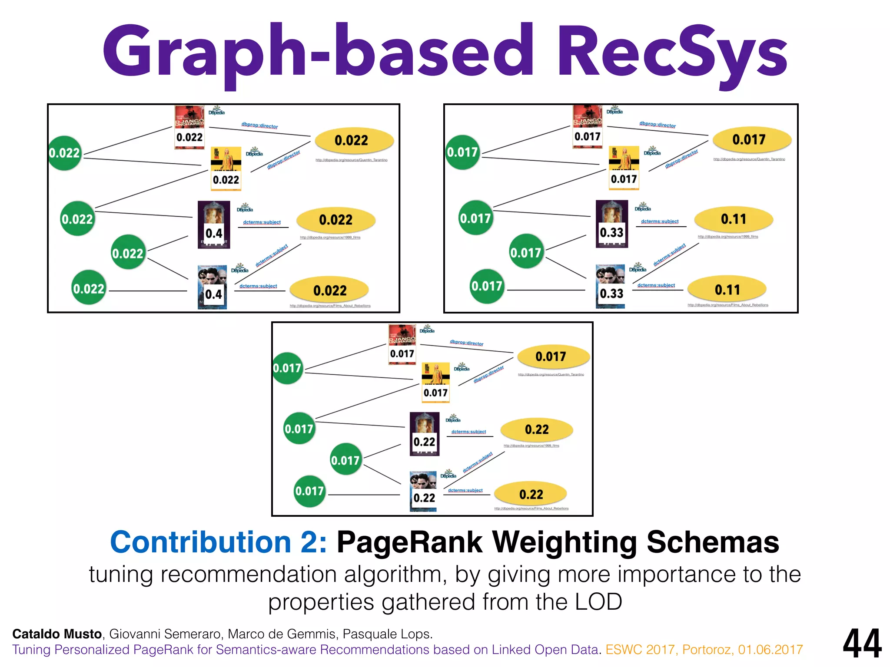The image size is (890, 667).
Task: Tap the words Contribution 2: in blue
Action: (218, 542)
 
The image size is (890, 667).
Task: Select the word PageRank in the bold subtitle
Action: (409, 542)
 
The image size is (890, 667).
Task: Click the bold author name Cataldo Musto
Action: (57, 634)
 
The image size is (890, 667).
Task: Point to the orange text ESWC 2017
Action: (641, 650)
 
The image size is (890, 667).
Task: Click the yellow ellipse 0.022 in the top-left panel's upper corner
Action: (354, 140)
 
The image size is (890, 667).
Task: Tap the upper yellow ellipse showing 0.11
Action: (734, 219)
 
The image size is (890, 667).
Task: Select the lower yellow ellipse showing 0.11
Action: (727, 290)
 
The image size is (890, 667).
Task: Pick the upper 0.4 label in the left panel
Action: (214, 233)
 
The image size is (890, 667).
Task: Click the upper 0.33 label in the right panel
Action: (611, 232)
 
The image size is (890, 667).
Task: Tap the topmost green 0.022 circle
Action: (65, 153)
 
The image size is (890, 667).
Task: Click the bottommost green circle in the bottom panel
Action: (309, 491)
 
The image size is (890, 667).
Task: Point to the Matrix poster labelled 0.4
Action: (212, 287)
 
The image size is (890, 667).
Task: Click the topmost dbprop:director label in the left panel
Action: (259, 125)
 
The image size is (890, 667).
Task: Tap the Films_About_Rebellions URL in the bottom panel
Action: (531, 509)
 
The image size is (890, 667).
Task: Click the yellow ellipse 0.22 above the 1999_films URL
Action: (537, 429)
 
